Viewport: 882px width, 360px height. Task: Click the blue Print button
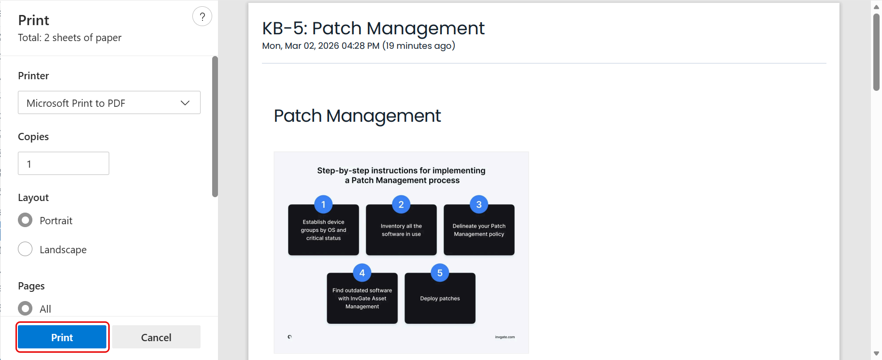coord(62,337)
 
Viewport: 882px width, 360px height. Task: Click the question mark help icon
coord(202,16)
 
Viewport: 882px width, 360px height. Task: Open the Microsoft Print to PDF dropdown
coord(109,102)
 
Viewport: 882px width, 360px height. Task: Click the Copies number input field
coord(63,163)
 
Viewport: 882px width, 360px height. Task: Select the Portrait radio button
coord(25,220)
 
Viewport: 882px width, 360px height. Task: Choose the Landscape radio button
coord(25,249)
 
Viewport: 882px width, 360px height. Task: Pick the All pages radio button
coord(25,308)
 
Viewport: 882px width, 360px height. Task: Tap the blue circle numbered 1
coord(323,204)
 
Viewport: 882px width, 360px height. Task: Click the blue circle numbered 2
coord(401,204)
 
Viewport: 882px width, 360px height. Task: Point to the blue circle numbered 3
coord(479,204)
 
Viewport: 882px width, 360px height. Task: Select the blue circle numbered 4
coord(362,273)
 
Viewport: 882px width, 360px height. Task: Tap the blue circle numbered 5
coord(440,273)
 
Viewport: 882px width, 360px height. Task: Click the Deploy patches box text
coord(440,299)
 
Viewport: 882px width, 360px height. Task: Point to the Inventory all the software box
coord(401,230)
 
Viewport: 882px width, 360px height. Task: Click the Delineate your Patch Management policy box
coord(479,230)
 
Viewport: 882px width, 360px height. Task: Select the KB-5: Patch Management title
coord(373,29)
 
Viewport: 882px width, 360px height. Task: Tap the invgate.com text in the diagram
coord(505,337)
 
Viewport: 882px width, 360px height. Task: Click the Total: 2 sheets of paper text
coord(70,38)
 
